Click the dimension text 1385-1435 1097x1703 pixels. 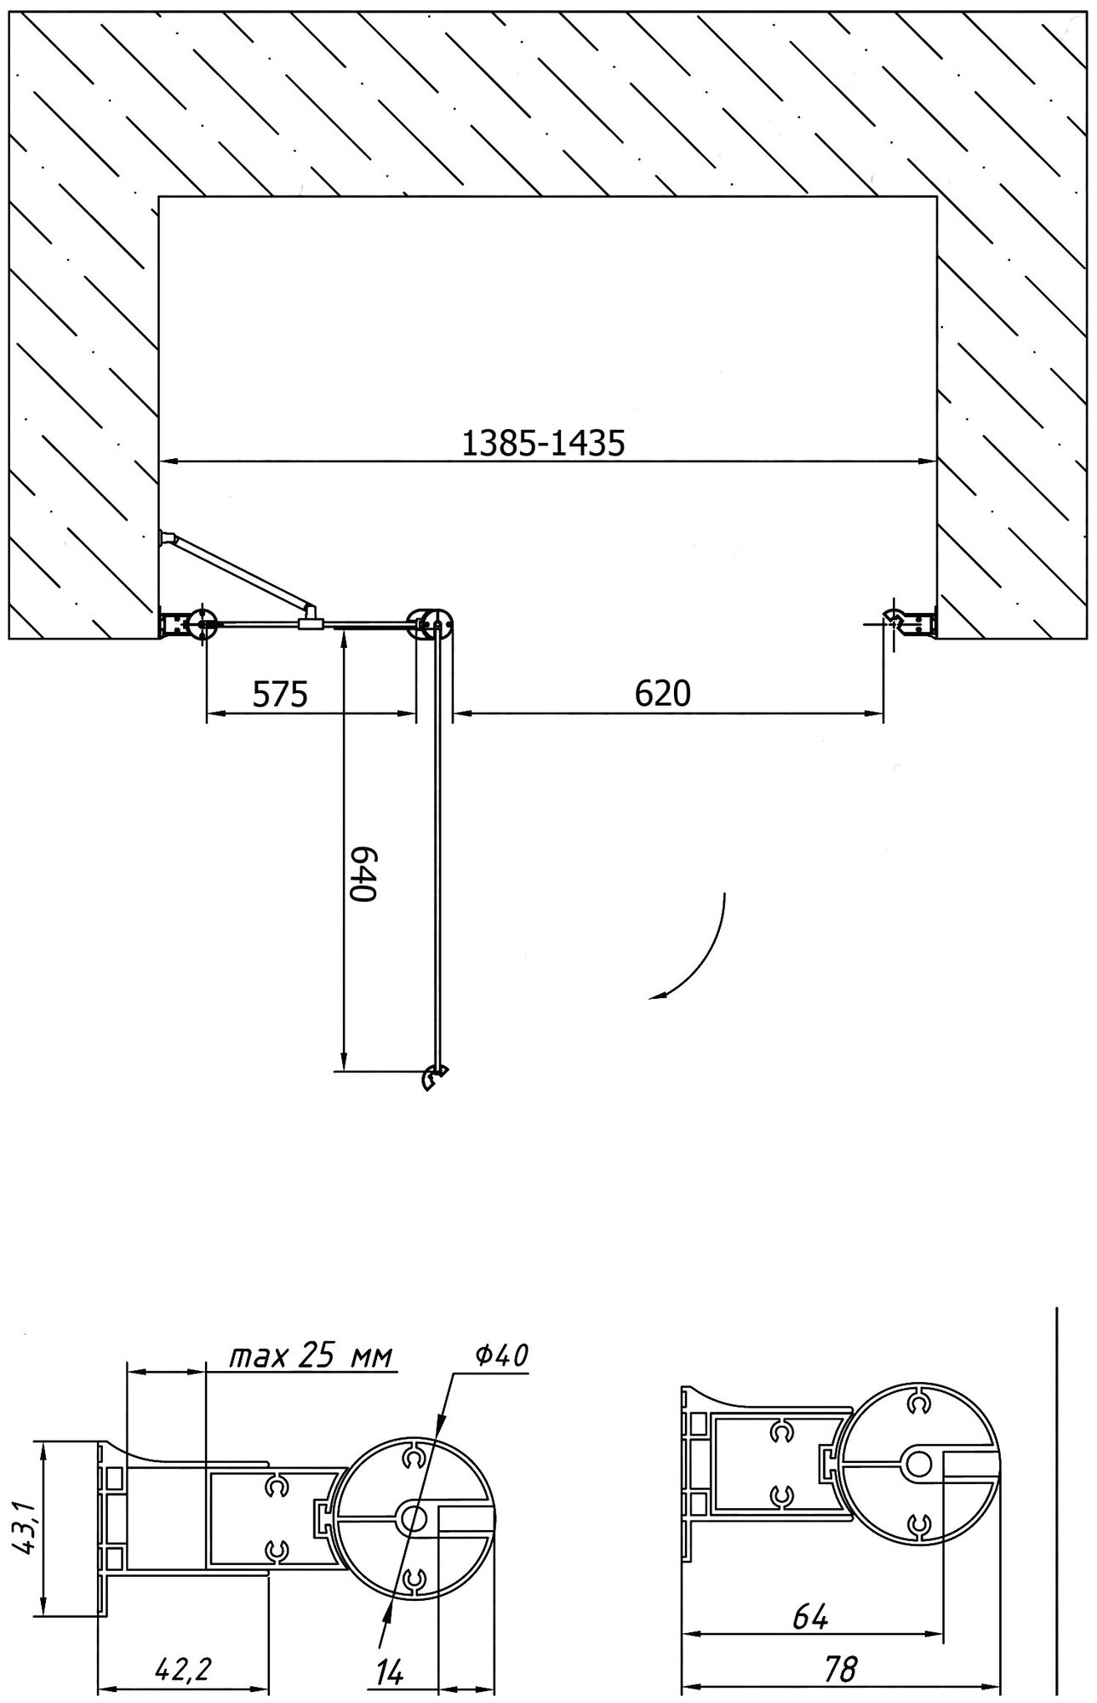[x=543, y=443]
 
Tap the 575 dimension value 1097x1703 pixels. [x=280, y=694]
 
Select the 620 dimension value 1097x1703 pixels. [x=663, y=693]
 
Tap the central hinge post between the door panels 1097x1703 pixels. [x=431, y=624]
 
